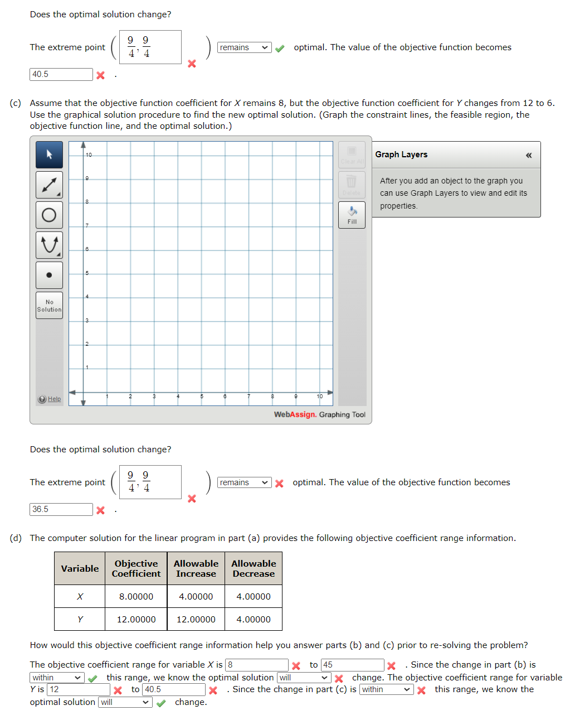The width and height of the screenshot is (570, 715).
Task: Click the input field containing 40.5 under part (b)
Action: [x=61, y=74]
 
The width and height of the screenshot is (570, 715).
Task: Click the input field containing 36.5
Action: [x=61, y=509]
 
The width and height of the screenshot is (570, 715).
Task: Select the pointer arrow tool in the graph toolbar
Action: [x=49, y=154]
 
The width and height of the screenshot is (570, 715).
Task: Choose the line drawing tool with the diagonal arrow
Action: [x=49, y=185]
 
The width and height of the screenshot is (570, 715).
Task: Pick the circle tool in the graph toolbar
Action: [x=49, y=215]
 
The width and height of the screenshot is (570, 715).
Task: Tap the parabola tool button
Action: [x=49, y=245]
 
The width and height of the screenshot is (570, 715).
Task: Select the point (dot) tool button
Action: [x=49, y=275]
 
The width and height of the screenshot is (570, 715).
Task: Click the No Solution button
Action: [x=49, y=306]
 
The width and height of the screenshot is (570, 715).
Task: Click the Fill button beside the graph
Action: [x=352, y=215]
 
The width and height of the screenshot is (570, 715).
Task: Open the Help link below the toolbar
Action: [x=54, y=399]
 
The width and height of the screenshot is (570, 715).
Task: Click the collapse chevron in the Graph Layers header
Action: [x=528, y=155]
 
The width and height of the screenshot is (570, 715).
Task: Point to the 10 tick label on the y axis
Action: [x=89, y=154]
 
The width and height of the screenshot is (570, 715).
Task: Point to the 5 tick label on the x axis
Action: [x=202, y=397]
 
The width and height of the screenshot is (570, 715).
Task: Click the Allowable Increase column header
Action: [x=196, y=568]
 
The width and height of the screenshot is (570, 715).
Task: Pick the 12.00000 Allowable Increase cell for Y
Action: [x=196, y=619]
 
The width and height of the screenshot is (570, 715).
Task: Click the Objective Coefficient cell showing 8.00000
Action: [x=136, y=596]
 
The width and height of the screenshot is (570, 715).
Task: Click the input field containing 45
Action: [x=352, y=665]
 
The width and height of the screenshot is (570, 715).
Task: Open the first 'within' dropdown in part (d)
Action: [x=57, y=678]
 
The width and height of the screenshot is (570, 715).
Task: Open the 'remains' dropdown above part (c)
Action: [x=244, y=47]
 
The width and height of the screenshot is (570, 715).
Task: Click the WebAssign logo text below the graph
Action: [x=295, y=414]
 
